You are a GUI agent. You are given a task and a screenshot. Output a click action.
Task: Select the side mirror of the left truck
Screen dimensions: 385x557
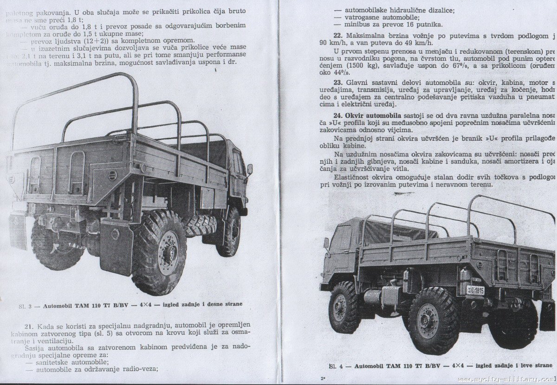(x=250, y=169)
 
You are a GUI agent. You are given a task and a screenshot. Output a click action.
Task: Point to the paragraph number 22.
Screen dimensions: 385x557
(x=338, y=36)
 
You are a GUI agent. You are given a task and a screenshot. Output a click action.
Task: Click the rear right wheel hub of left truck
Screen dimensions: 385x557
(x=168, y=252)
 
